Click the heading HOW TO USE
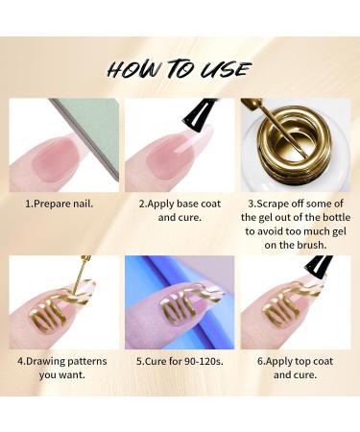coord(180,68)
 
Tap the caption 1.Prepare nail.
coord(60,204)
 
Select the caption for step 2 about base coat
coord(180,212)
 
